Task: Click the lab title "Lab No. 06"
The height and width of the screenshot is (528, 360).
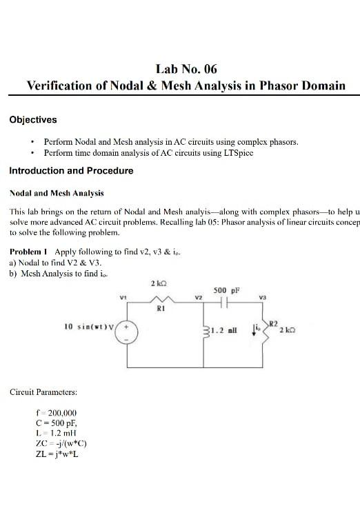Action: tap(186, 68)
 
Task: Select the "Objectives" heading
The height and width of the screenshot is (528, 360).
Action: tap(33, 120)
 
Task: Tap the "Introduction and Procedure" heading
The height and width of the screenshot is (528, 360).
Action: tap(71, 170)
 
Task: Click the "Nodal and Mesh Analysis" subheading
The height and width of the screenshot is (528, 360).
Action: tap(57, 194)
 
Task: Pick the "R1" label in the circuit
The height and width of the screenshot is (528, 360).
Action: tap(161, 309)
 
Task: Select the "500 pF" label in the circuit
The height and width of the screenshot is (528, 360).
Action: tap(226, 290)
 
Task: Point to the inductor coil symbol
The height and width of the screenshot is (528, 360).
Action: tap(205, 330)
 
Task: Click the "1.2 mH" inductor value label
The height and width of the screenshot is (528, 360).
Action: tap(224, 331)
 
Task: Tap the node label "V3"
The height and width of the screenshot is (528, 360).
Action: tap(262, 297)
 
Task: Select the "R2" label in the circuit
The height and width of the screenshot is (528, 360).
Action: tap(273, 323)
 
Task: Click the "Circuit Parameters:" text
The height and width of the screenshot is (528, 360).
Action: tap(43, 392)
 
